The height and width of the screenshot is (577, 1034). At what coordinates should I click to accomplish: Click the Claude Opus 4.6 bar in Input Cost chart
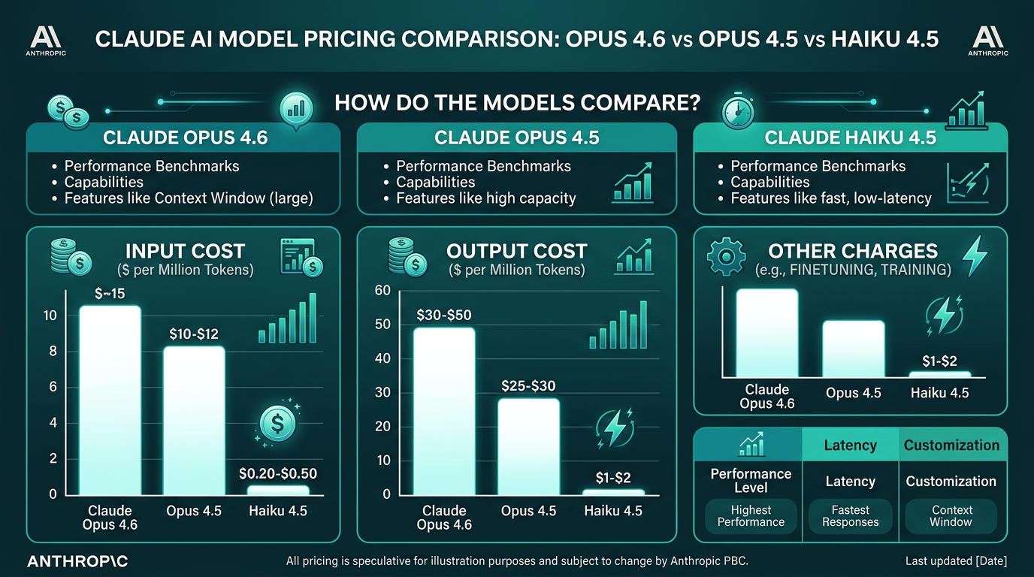click(110, 399)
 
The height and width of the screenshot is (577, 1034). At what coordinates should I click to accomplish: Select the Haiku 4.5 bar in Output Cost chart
click(613, 491)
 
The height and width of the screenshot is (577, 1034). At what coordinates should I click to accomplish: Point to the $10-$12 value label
click(194, 334)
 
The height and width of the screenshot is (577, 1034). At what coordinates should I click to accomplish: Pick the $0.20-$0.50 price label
click(277, 473)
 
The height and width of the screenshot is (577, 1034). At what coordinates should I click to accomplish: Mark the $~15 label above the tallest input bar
click(110, 294)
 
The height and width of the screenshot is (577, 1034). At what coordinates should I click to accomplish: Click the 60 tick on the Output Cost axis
click(382, 291)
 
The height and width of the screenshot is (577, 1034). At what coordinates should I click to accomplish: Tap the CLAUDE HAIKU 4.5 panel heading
click(850, 138)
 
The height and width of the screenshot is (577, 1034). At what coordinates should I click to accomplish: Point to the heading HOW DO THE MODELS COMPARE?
click(517, 102)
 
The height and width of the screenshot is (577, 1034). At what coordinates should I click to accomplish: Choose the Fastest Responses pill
click(850, 516)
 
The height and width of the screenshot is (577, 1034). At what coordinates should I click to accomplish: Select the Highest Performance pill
click(751, 516)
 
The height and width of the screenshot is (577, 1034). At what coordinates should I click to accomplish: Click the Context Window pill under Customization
click(951, 516)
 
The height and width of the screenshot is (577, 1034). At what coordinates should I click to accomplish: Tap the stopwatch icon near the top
click(736, 111)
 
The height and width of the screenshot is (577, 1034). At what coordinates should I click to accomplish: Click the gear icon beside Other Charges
click(726, 255)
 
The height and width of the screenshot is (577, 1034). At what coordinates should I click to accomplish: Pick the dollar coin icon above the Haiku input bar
click(277, 424)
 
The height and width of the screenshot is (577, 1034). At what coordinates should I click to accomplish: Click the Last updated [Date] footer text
click(956, 561)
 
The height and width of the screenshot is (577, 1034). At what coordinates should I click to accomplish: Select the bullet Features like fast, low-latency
click(830, 198)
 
